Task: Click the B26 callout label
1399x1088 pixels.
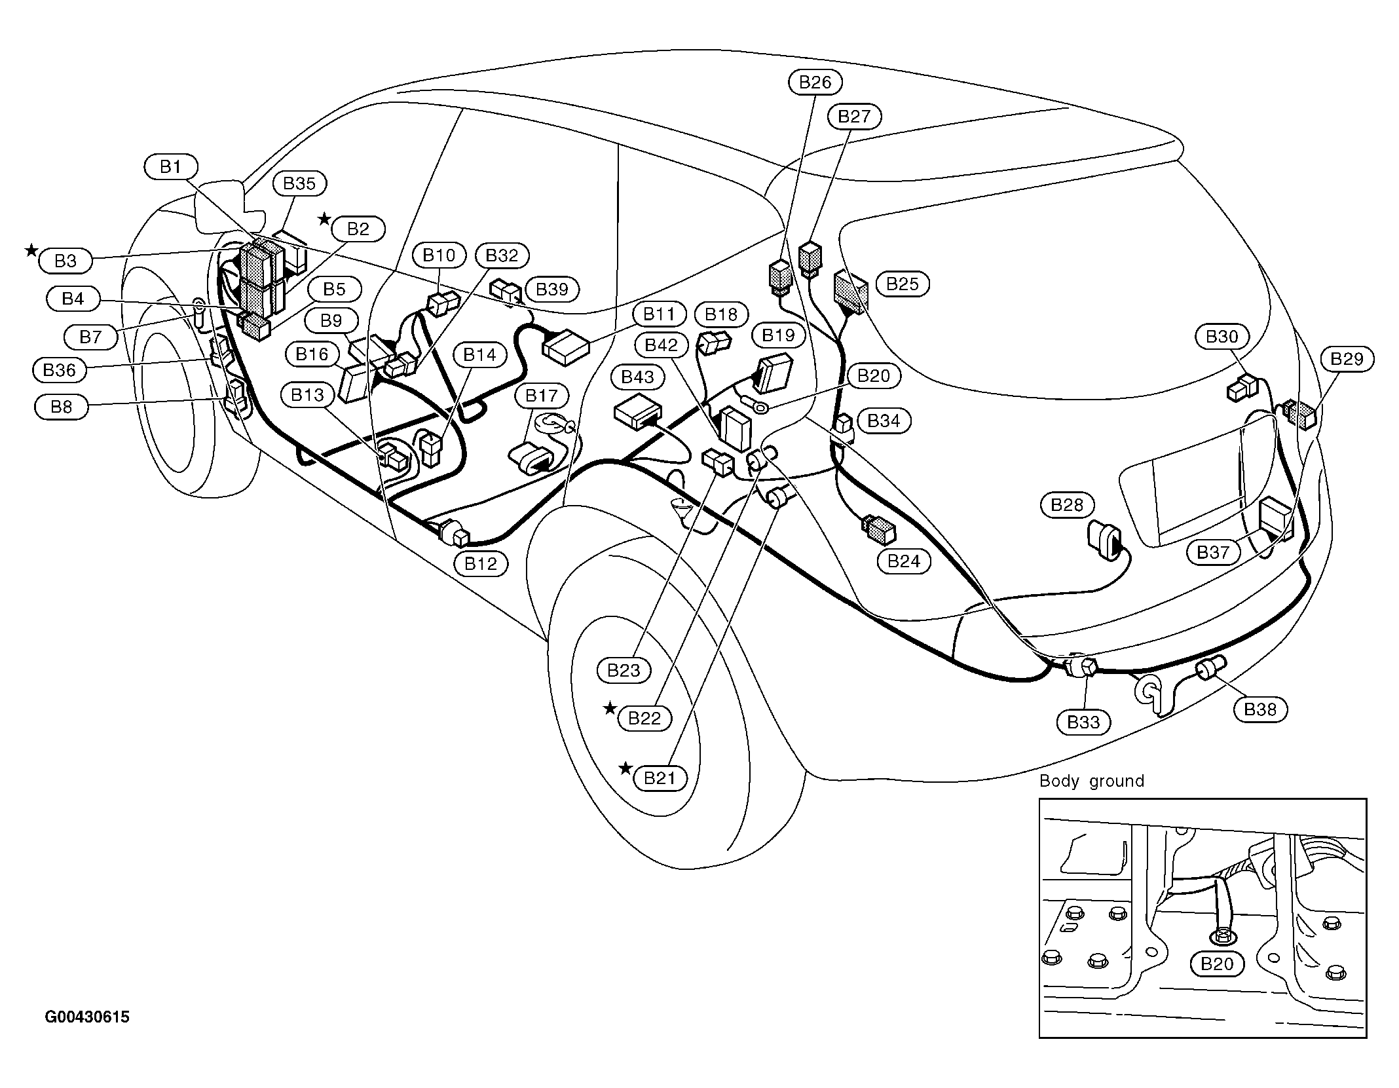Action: click(815, 82)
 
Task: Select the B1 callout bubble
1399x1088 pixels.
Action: click(170, 167)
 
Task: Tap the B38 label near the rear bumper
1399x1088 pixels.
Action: click(1260, 709)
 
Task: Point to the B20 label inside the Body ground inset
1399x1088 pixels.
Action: click(1217, 964)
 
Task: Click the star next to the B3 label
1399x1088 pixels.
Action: click(31, 250)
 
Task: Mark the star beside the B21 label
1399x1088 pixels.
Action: click(626, 768)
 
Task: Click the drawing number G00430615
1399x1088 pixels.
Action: click(87, 1017)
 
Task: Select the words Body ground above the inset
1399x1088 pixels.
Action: click(1092, 781)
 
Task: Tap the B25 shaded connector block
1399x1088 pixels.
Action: click(851, 291)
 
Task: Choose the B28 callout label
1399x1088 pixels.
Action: click(1067, 504)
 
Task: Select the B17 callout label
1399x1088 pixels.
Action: click(541, 396)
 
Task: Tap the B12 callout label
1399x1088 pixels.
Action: click(481, 563)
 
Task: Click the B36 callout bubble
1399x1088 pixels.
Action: click(60, 370)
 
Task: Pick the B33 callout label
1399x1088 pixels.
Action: click(1083, 722)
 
